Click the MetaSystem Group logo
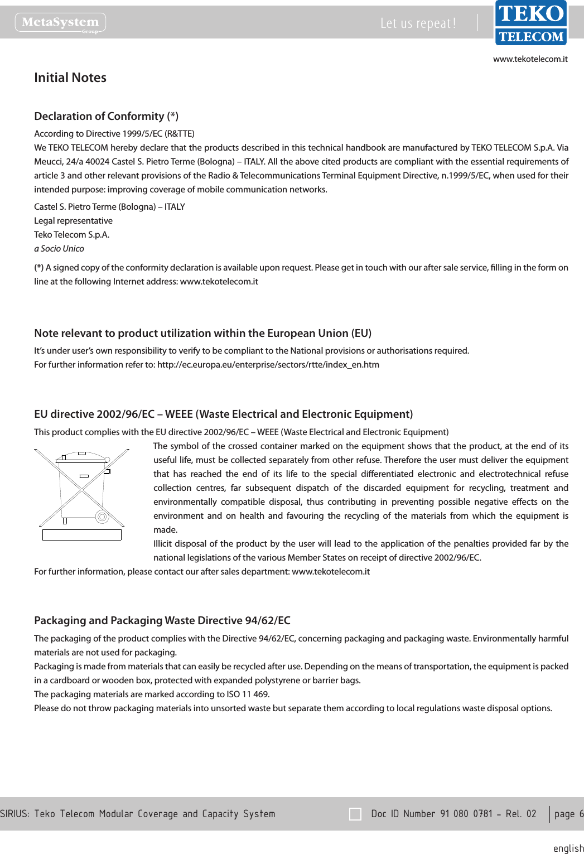coord(60,23)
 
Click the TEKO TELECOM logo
coord(530,23)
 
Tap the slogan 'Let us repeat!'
coord(418,23)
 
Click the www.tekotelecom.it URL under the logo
coord(530,59)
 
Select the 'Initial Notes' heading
coord(70,78)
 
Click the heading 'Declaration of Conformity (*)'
coord(106,116)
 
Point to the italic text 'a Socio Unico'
coord(59,249)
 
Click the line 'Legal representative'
coord(73,221)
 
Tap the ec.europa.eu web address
coord(268,365)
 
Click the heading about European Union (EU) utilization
coord(202,333)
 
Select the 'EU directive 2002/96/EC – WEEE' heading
coord(223,414)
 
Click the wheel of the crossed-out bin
coord(102,517)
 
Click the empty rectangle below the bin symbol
coord(81,534)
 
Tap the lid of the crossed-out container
coord(81,457)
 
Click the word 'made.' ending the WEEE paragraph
coord(165,530)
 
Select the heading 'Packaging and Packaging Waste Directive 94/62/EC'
coord(162,620)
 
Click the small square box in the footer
coord(355,814)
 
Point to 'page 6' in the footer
coord(568,814)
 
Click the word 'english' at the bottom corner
coord(568,848)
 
